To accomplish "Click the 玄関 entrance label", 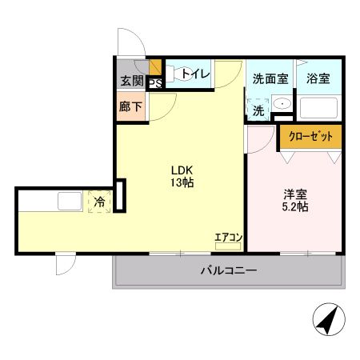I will point(132,80).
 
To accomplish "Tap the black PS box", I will point(154,81).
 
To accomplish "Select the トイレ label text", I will point(195,74).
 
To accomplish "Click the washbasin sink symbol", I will point(282,106).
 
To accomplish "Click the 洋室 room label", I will point(294,194).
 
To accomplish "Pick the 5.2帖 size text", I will point(294,207).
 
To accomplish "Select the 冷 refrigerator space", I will point(99,202).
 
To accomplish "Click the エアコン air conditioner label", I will point(228,237).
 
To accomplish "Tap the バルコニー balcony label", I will point(228,271).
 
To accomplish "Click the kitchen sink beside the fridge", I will point(67,201).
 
